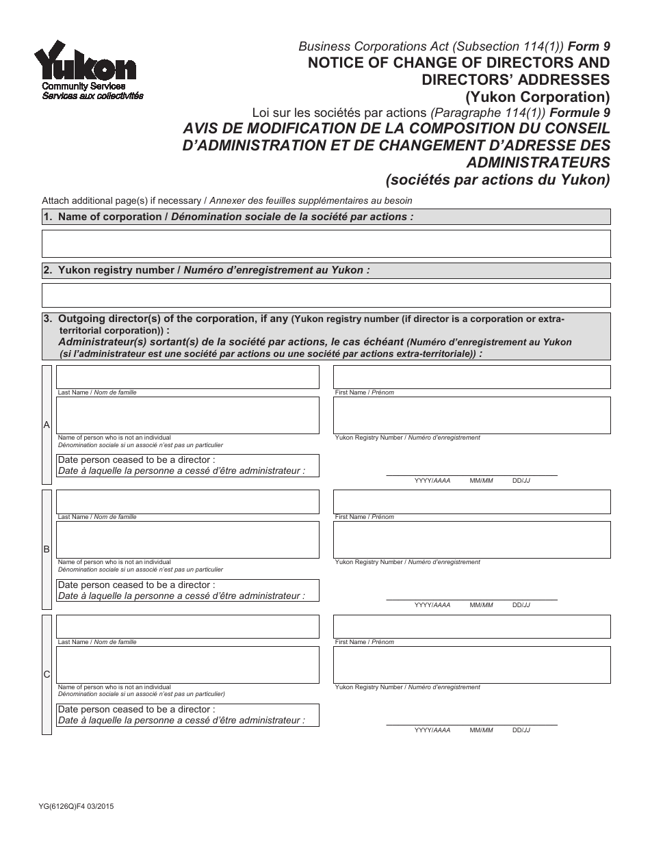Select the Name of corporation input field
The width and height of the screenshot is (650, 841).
point(326,243)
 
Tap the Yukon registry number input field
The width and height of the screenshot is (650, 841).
point(326,295)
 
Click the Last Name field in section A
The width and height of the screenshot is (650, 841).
point(187,377)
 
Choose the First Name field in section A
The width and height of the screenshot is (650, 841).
point(471,377)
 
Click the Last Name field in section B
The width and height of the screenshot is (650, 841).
point(187,502)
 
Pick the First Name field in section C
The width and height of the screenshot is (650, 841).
point(471,626)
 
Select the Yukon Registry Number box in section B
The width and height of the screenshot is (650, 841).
point(471,539)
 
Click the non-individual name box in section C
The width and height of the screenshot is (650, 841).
point(187,665)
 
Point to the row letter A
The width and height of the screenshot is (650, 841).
point(47,425)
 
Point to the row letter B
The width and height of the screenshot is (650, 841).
point(47,549)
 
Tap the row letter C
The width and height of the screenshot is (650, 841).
point(47,674)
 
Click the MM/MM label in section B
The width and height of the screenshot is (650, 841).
point(481,605)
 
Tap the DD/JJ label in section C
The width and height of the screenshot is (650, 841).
point(521,730)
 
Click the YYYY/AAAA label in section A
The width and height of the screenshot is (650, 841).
point(432,481)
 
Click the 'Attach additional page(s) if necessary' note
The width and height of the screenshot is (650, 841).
point(123,200)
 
